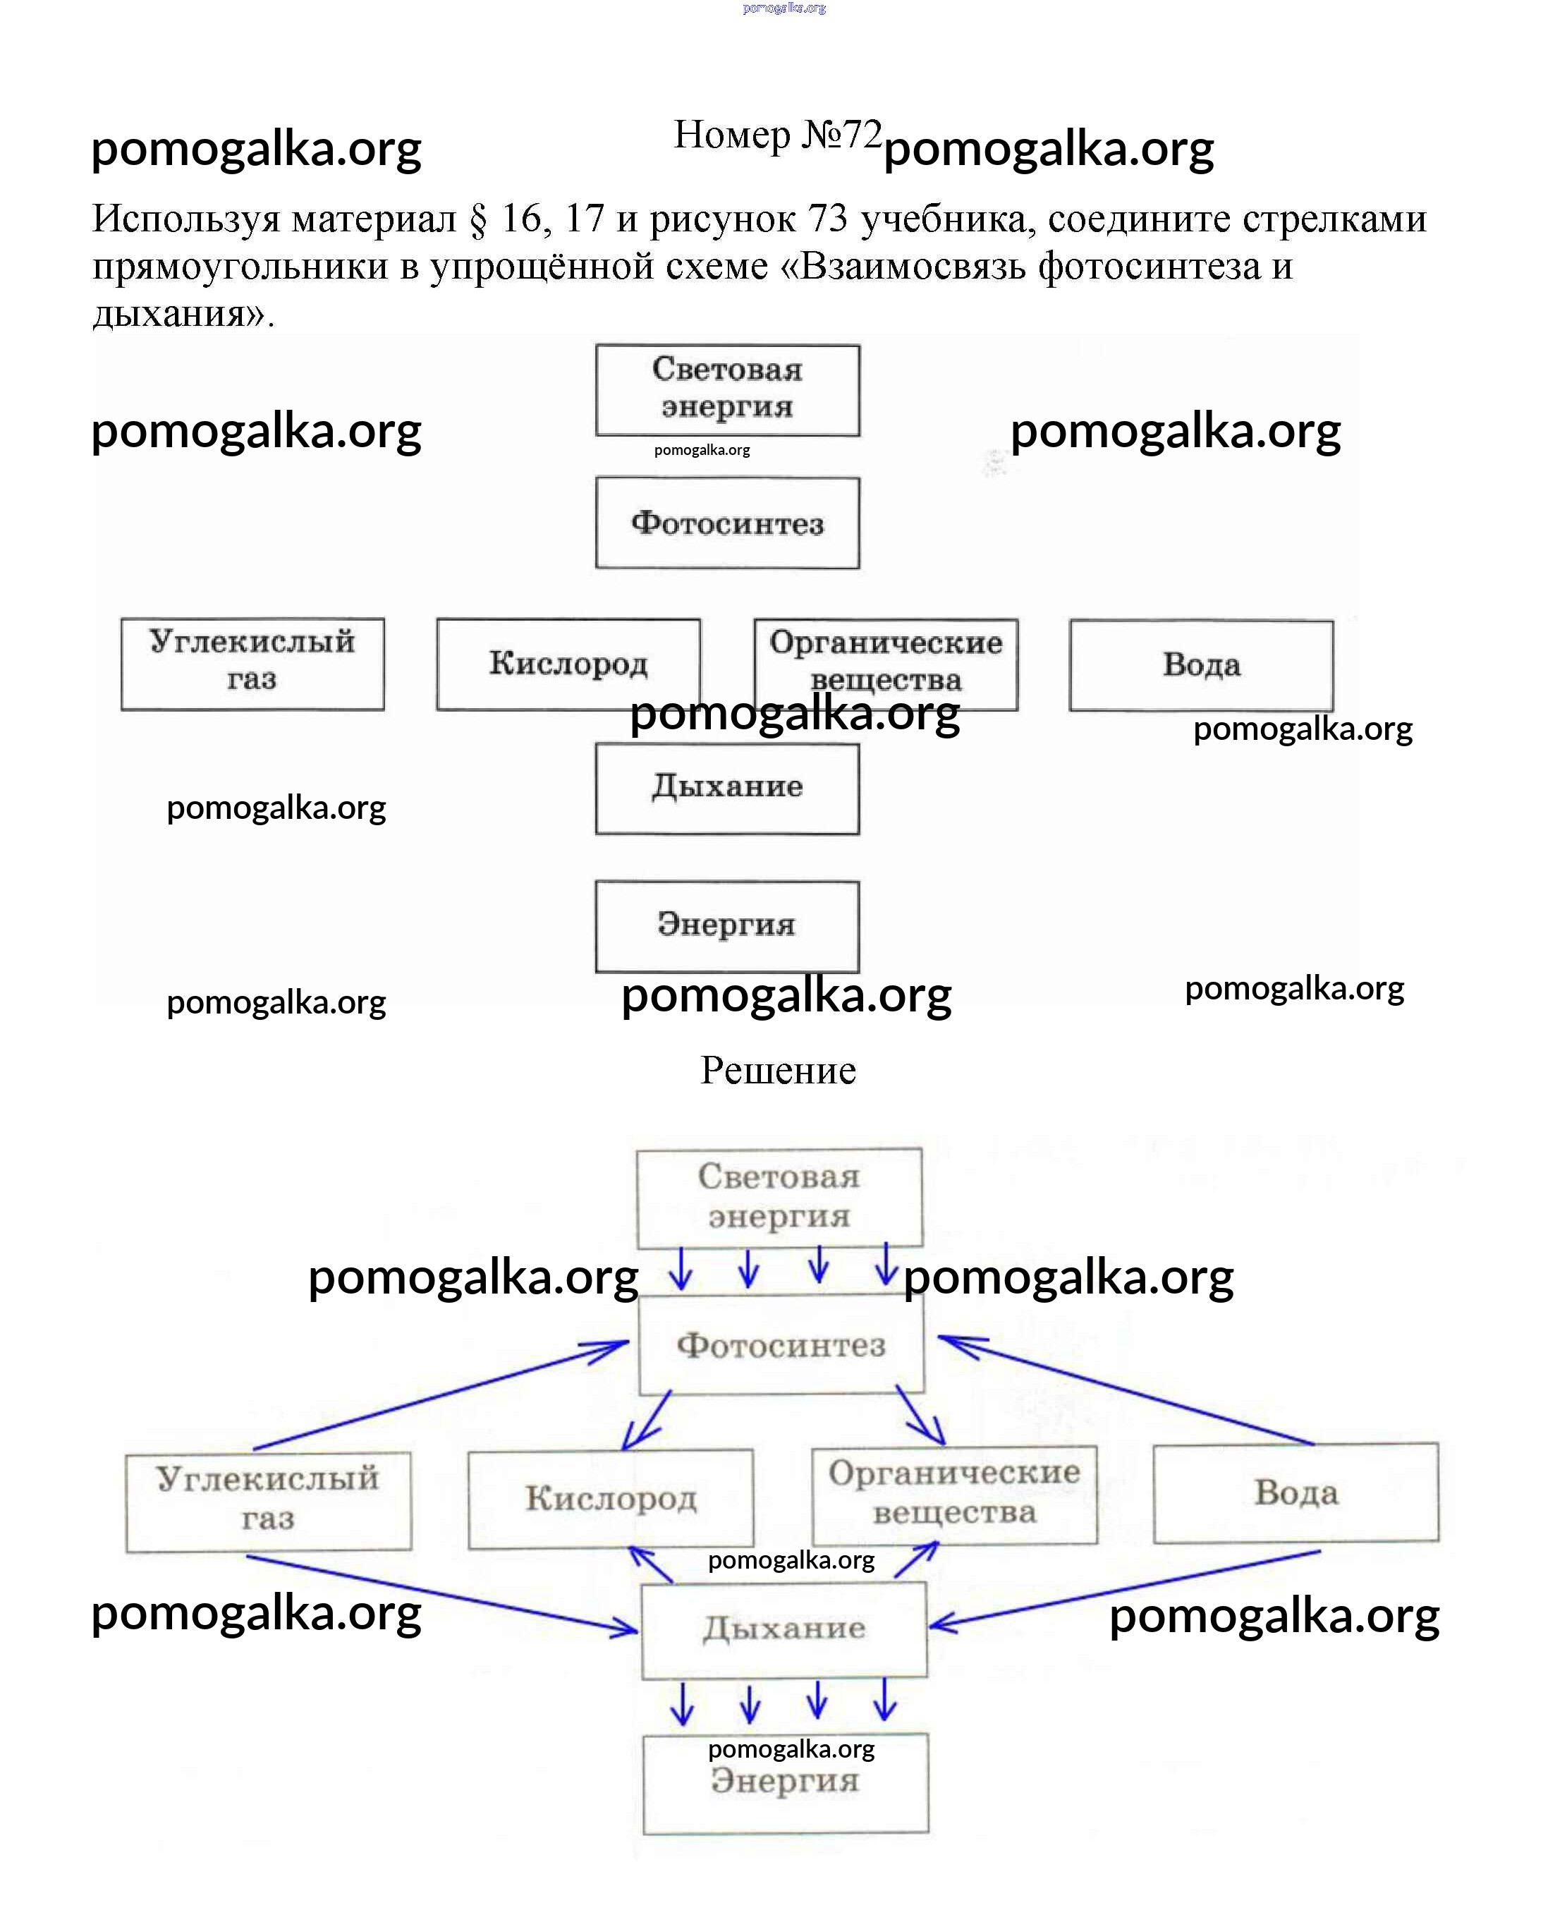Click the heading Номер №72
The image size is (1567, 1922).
pyautogui.click(x=777, y=135)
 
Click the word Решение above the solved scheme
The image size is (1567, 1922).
pyautogui.click(x=778, y=1071)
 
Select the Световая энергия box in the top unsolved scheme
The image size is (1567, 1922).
pyautogui.click(x=728, y=390)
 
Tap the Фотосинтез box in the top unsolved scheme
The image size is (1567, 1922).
pyautogui.click(x=728, y=523)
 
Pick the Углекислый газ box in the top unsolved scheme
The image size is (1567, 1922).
pyautogui.click(x=252, y=664)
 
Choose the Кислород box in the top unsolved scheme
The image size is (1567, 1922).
pyautogui.click(x=568, y=664)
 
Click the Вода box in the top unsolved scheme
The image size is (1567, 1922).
pyautogui.click(x=1202, y=664)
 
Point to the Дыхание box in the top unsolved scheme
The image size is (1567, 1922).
pyautogui.click(x=728, y=788)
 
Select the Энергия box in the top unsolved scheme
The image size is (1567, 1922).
pyautogui.click(x=728, y=925)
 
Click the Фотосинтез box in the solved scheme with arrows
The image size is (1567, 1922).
pyautogui.click(x=781, y=1345)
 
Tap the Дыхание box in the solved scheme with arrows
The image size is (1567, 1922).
pyautogui.click(x=784, y=1629)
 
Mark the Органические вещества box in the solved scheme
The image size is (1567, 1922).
pyautogui.click(x=955, y=1493)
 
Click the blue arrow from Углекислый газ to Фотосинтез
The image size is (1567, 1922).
pyautogui.click(x=442, y=1395)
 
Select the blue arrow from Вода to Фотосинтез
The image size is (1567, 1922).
pyautogui.click(x=1128, y=1390)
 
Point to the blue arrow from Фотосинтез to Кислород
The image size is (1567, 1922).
pyautogui.click(x=647, y=1420)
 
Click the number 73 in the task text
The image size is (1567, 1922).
pyautogui.click(x=828, y=219)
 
